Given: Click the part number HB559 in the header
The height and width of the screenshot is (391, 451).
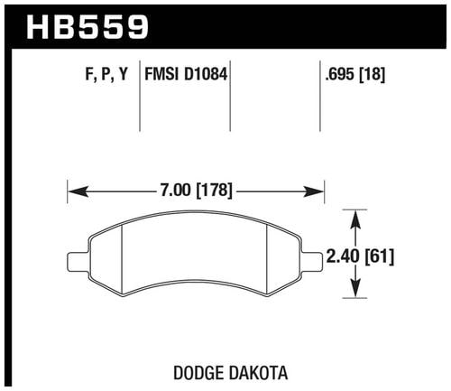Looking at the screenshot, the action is (x=87, y=28).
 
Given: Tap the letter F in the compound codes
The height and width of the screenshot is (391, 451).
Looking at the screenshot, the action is (x=89, y=74).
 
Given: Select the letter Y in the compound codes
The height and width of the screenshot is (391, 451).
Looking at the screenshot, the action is (x=124, y=74).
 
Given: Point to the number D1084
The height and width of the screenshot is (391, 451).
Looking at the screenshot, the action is (x=206, y=74).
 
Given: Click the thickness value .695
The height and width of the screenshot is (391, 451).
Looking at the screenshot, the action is (x=340, y=74).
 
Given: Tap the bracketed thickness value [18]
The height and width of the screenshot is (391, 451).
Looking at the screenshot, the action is (x=373, y=74).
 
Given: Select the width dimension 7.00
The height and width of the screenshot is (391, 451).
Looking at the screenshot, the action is (x=175, y=191).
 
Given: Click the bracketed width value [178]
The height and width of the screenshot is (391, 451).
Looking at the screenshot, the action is (x=214, y=191).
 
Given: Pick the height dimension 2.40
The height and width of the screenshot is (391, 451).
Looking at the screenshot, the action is (x=343, y=256).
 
